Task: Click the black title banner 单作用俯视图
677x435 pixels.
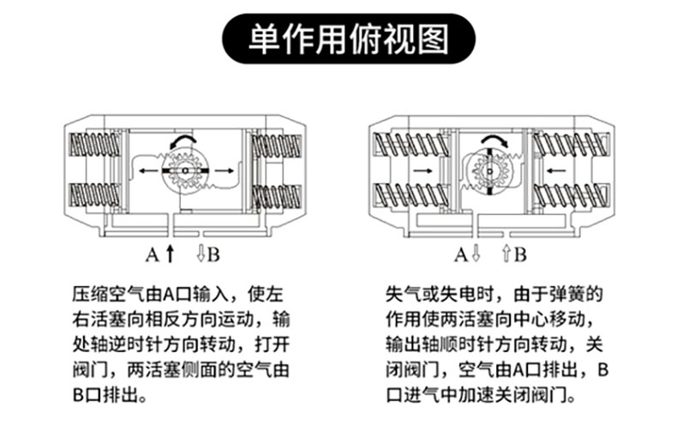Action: click(349, 39)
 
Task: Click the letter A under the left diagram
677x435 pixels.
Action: click(152, 254)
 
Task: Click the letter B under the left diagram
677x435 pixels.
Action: click(213, 254)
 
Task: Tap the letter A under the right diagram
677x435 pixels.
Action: click(461, 254)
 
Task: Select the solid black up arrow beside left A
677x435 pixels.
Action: click(171, 253)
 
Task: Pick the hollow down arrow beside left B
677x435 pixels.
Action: click(201, 253)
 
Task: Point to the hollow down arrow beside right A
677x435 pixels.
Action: click(476, 253)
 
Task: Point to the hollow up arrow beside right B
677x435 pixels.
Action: click(506, 253)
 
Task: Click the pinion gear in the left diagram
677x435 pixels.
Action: click(185, 171)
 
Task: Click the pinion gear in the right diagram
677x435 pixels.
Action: click(489, 171)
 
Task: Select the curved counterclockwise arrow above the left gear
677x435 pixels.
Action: click(183, 140)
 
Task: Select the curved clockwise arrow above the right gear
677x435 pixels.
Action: click(494, 140)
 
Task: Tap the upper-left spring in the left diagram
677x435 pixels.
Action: click(94, 145)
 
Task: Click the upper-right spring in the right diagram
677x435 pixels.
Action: click(572, 145)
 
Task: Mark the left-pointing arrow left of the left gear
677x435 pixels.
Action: click(148, 171)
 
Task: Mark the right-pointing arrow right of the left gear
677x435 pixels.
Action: click(225, 171)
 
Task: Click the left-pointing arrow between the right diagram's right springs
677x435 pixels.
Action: click(556, 171)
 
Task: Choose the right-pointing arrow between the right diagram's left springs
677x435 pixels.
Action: click(423, 171)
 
